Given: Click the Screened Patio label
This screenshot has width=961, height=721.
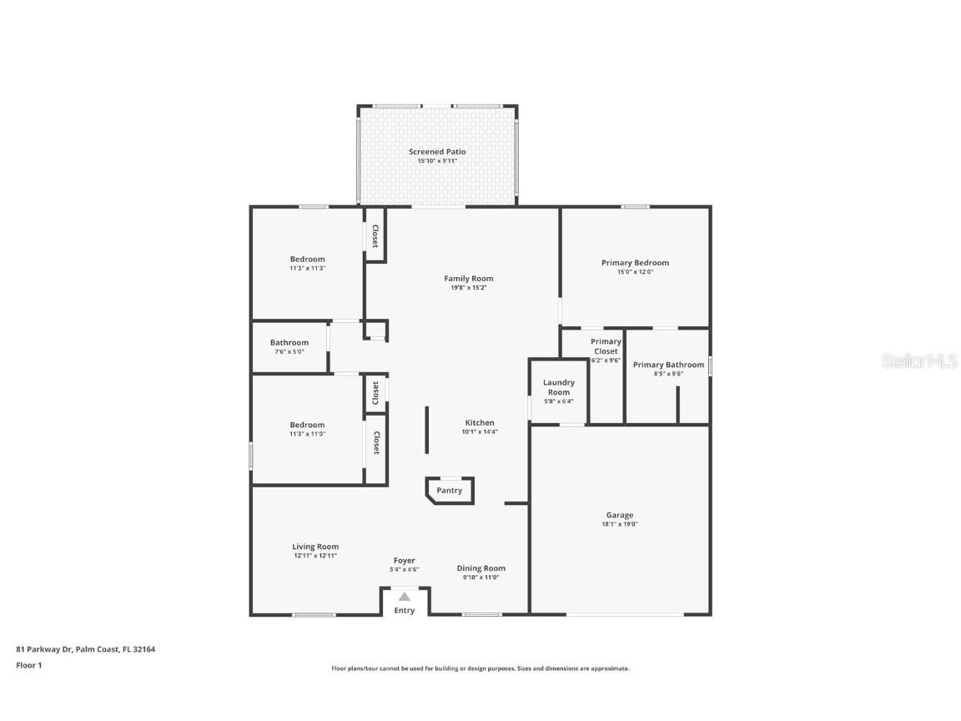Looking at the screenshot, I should tap(437, 152).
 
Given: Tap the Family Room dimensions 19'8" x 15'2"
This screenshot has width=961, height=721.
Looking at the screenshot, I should tap(468, 288).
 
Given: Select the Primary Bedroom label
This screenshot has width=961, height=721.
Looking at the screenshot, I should tap(635, 263).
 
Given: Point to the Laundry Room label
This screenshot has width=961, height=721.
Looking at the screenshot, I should tap(559, 387).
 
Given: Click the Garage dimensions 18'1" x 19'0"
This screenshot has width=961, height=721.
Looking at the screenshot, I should tap(620, 524).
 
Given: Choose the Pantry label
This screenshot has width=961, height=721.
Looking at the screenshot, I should tap(449, 491).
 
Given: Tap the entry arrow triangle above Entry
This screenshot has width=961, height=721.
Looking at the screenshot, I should tap(405, 597).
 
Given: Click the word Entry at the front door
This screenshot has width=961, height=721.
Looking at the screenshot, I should tap(405, 611).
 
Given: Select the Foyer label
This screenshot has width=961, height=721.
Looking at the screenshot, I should tap(404, 561).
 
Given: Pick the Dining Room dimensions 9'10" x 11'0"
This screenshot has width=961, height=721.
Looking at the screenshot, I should tap(481, 577).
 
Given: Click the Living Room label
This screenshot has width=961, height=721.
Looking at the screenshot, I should tap(315, 547).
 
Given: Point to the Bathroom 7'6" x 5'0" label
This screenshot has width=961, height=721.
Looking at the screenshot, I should tap(289, 343).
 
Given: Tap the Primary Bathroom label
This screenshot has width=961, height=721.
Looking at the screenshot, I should tap(668, 365).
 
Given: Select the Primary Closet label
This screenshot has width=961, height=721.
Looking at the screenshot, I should tap(606, 346).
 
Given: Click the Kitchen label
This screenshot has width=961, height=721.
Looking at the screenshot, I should tap(480, 423).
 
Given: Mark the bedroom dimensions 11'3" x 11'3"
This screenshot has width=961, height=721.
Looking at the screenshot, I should tap(307, 268).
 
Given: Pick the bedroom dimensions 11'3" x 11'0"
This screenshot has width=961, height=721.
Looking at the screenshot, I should tap(307, 434).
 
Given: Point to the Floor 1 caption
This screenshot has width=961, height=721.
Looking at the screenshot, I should tap(28, 665).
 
